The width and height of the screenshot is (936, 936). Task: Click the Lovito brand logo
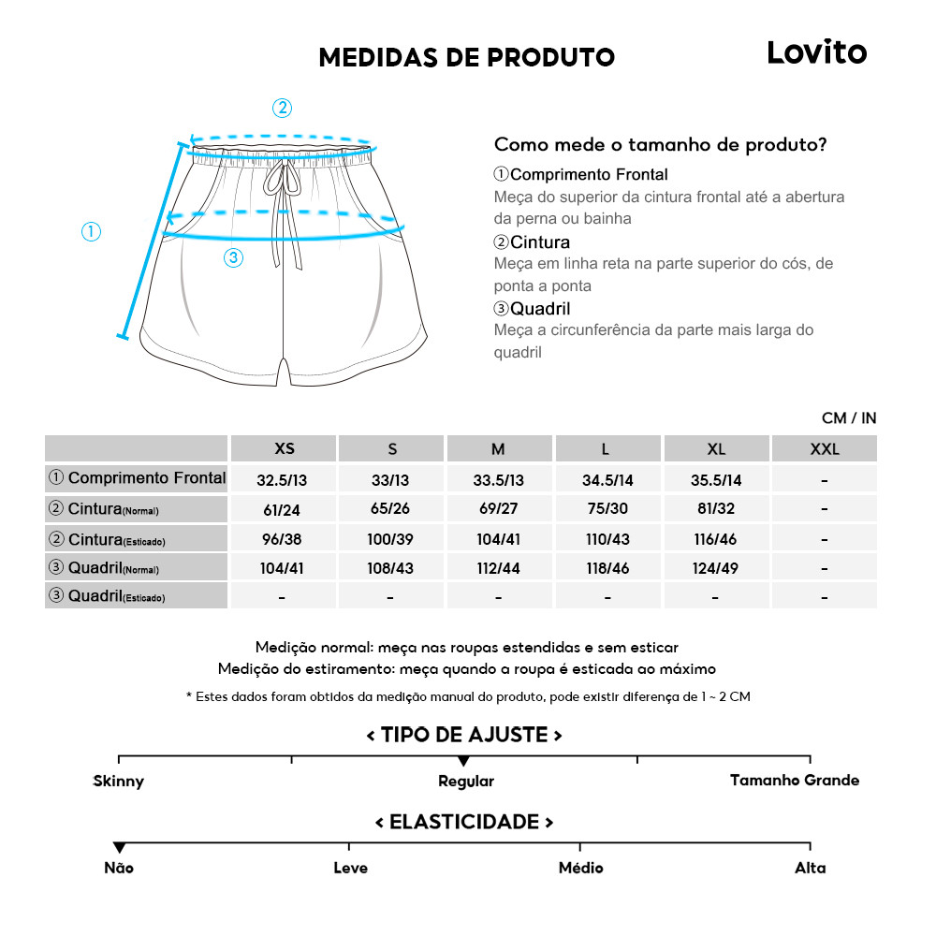coord(816,52)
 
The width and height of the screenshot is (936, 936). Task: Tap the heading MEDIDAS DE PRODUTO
coord(466,58)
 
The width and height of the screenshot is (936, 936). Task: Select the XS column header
coord(284,449)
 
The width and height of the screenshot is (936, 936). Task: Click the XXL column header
coord(824,449)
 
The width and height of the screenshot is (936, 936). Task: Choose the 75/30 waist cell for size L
coord(607,510)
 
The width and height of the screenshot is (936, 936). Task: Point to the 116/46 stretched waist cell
coord(716,539)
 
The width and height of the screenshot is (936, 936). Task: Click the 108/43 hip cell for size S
coord(390,568)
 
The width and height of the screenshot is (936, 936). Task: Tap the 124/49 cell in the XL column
coord(716,568)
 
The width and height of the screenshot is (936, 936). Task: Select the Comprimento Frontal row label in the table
coord(137,478)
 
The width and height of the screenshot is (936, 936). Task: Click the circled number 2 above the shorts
coord(282,108)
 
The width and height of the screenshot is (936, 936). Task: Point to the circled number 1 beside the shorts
coord(91,232)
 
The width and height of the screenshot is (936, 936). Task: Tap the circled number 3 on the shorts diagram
coord(234,258)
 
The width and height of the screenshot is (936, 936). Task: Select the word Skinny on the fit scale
coord(119,781)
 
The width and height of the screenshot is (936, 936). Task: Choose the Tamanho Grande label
coord(794,780)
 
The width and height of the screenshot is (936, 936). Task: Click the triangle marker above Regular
coord(463,761)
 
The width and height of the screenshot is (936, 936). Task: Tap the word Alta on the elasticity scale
coord(810,868)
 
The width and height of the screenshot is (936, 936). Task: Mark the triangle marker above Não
coord(119,848)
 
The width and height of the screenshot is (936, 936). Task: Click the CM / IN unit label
coord(848,418)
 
